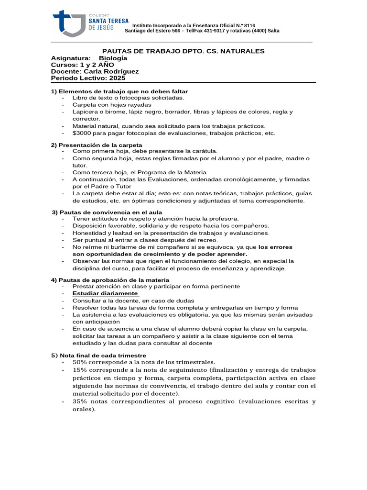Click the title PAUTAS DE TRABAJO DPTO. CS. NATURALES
click(x=184, y=51)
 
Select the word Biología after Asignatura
click(x=113, y=58)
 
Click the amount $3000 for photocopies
click(x=82, y=133)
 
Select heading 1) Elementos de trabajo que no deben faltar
click(x=119, y=91)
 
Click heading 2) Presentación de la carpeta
click(x=97, y=145)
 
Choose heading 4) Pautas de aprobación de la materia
click(x=110, y=279)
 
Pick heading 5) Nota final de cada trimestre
click(x=98, y=355)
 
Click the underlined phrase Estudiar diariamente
click(x=105, y=293)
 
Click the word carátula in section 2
click(x=204, y=151)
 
